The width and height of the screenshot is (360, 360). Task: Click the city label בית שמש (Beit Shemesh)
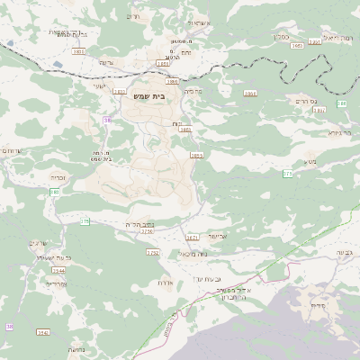161,95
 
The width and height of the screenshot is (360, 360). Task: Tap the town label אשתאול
198,21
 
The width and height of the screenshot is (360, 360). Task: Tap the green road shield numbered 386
341,104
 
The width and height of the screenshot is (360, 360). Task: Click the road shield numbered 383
55,192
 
